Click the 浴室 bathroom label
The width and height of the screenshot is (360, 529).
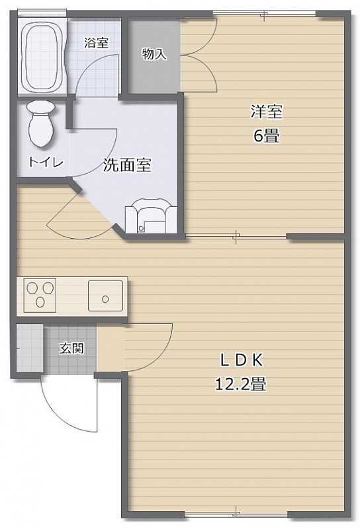[x=96, y=43]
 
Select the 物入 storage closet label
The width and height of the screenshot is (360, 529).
[x=154, y=54]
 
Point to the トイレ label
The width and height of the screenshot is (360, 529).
[x=46, y=163]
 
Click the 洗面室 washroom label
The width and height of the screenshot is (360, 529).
[x=127, y=165]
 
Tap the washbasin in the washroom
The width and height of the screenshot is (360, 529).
[x=151, y=216]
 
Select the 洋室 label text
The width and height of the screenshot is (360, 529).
[x=267, y=112]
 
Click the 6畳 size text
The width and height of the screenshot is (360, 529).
[x=267, y=136]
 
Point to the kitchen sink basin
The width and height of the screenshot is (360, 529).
[x=105, y=296]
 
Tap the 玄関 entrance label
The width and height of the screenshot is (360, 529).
[x=71, y=348]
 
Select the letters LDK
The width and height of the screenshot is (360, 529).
[x=241, y=361]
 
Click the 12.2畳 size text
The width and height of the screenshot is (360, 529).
[x=240, y=384]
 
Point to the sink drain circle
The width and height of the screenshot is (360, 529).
[x=105, y=299]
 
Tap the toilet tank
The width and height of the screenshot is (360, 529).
[x=41, y=108]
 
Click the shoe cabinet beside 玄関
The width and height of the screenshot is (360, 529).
[x=30, y=348]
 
